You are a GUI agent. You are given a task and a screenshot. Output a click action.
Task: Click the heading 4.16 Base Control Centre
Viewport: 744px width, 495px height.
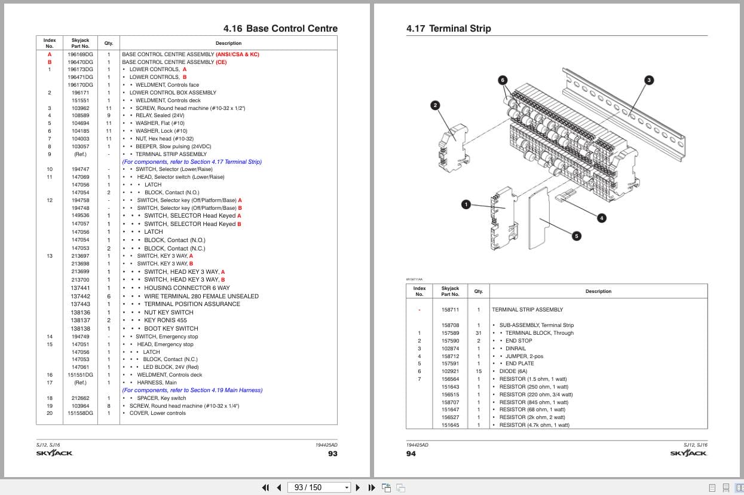click(x=280, y=29)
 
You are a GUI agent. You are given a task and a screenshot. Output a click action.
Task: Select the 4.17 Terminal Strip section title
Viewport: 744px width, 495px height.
click(x=448, y=29)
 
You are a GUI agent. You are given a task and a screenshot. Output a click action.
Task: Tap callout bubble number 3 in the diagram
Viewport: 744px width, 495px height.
click(x=648, y=80)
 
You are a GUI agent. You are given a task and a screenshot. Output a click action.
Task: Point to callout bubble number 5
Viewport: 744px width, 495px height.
click(x=577, y=236)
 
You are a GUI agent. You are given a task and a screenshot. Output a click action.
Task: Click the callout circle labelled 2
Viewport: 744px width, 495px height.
click(x=435, y=106)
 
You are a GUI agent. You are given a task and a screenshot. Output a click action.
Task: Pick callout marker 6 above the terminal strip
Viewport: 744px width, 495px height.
click(x=503, y=80)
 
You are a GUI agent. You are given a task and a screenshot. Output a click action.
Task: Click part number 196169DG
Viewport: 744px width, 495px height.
click(x=81, y=54)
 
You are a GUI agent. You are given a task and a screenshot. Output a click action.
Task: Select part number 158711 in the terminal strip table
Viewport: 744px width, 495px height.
click(x=450, y=310)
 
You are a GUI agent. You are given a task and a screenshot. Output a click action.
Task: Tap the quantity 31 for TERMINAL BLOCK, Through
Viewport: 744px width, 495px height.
click(x=478, y=333)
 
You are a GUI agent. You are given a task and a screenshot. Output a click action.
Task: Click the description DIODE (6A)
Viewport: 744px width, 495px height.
click(x=513, y=371)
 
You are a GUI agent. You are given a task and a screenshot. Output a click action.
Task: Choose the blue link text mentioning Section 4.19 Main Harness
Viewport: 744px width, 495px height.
click(x=192, y=390)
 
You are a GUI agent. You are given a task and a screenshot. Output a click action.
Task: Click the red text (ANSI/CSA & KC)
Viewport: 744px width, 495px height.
click(x=237, y=54)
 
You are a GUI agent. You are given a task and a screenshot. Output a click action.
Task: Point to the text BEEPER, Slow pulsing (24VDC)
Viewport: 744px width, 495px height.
click(x=173, y=146)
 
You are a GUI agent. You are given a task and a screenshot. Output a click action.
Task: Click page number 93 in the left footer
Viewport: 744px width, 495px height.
click(x=332, y=454)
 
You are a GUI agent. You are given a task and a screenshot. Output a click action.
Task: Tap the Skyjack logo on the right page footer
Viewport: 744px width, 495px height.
click(x=688, y=453)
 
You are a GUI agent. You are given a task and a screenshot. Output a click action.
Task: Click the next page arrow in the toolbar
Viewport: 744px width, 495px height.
click(x=358, y=488)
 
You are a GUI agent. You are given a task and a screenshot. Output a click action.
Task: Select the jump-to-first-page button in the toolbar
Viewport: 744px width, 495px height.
click(x=265, y=488)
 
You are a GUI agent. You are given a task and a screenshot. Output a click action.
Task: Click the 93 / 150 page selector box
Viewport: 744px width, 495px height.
click(x=319, y=487)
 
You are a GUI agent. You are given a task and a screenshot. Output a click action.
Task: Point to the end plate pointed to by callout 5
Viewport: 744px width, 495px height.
click(x=538, y=218)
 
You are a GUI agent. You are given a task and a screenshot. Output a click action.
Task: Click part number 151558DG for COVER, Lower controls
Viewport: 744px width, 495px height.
click(x=81, y=413)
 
